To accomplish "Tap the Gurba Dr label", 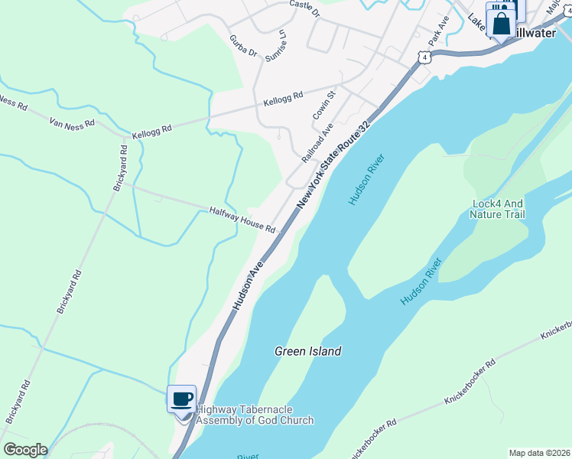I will click(x=243, y=45).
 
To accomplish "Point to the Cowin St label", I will click(x=324, y=106).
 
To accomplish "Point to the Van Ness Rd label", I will click(x=71, y=122).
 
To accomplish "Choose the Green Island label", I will click(x=308, y=351).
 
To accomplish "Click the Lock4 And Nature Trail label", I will click(x=499, y=209).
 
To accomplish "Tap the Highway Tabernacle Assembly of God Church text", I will click(x=255, y=415).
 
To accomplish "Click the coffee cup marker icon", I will click(x=182, y=399).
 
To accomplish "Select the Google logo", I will click(x=25, y=449).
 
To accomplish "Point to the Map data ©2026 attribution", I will click(x=540, y=453).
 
